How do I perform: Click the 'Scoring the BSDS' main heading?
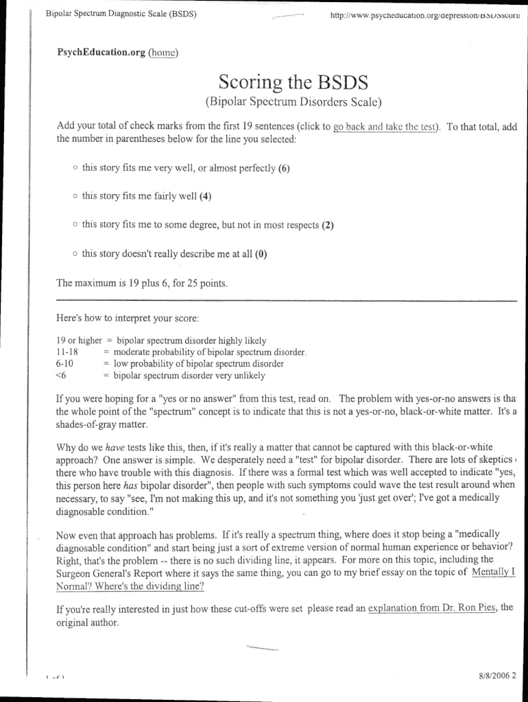pyautogui.click(x=293, y=83)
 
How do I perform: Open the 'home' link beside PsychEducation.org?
pyautogui.click(x=163, y=51)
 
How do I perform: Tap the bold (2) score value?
pyautogui.click(x=327, y=225)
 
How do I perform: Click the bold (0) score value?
pyautogui.click(x=261, y=254)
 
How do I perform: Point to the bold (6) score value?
pyautogui.click(x=284, y=168)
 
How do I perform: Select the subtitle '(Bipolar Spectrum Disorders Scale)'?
pyautogui.click(x=293, y=104)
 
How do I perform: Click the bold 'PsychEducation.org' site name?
pyautogui.click(x=101, y=51)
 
